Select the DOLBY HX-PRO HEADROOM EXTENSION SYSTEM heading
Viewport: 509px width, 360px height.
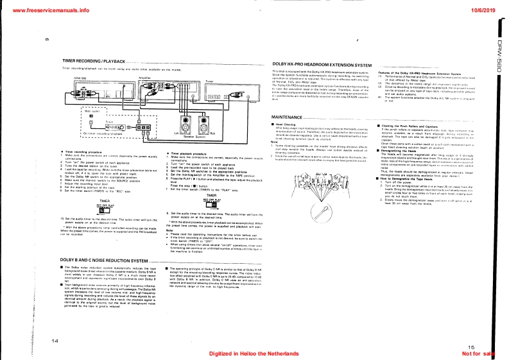click(x=318, y=65)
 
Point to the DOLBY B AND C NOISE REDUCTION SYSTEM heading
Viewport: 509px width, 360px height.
click(x=91, y=259)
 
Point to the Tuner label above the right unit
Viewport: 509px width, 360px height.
click(x=209, y=81)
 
